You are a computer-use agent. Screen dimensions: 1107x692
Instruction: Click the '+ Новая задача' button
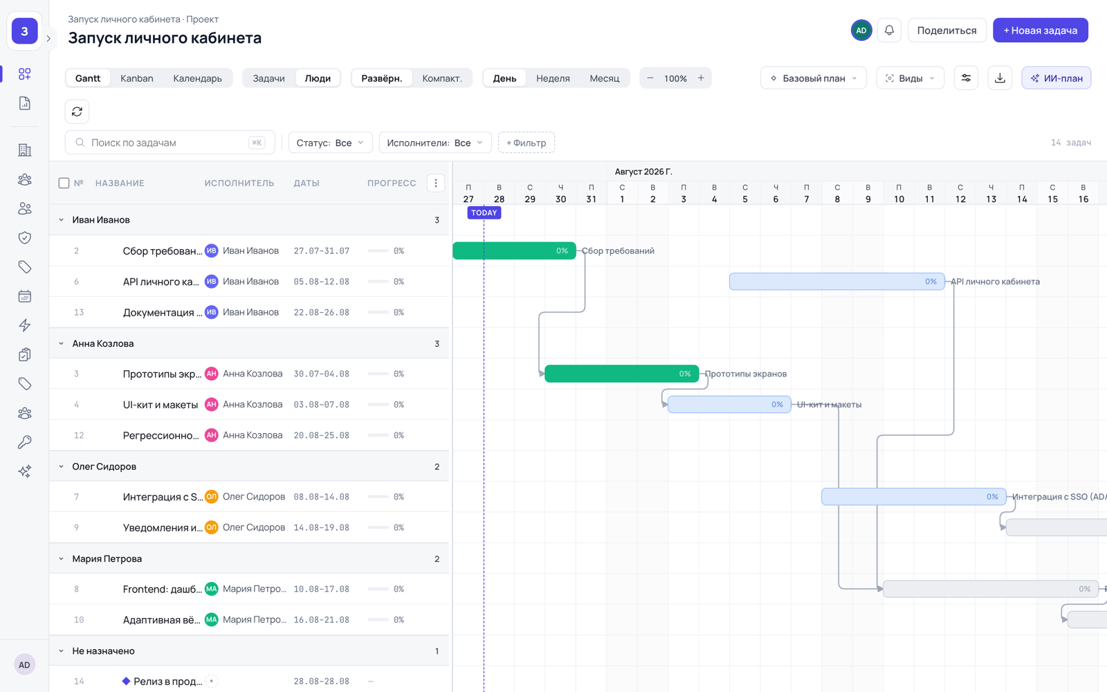click(x=1041, y=30)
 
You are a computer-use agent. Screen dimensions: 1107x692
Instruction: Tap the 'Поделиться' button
click(x=947, y=30)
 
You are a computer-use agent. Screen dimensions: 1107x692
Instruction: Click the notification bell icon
click(x=889, y=30)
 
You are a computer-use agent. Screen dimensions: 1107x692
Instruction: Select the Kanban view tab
click(x=137, y=78)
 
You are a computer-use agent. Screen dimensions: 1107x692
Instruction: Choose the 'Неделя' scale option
click(x=553, y=78)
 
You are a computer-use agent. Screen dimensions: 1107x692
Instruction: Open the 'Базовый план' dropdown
click(x=814, y=78)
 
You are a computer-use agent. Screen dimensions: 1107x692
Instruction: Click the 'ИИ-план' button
click(x=1056, y=78)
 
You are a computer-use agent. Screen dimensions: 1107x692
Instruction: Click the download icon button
click(x=1000, y=78)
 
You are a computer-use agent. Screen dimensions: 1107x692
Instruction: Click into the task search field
click(x=170, y=143)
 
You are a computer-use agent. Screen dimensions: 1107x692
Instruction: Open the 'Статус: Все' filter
click(x=330, y=143)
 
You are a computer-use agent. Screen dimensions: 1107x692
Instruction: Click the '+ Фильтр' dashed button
click(x=527, y=143)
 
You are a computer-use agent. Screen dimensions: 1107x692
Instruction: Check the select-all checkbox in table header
click(x=64, y=183)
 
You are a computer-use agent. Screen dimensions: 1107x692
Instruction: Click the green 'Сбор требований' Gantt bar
click(x=515, y=251)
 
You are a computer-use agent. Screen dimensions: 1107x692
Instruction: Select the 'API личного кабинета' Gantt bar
click(x=836, y=281)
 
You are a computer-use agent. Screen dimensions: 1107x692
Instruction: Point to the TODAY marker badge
click(x=484, y=212)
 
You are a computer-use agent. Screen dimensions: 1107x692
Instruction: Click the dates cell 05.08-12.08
click(x=321, y=281)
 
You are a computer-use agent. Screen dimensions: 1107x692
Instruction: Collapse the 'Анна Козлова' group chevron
click(x=62, y=343)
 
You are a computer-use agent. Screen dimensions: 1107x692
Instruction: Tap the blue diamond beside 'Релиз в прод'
click(x=126, y=681)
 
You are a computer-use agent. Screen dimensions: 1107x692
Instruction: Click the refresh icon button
click(x=77, y=111)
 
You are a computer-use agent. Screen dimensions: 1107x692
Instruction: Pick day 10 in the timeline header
click(x=899, y=199)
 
